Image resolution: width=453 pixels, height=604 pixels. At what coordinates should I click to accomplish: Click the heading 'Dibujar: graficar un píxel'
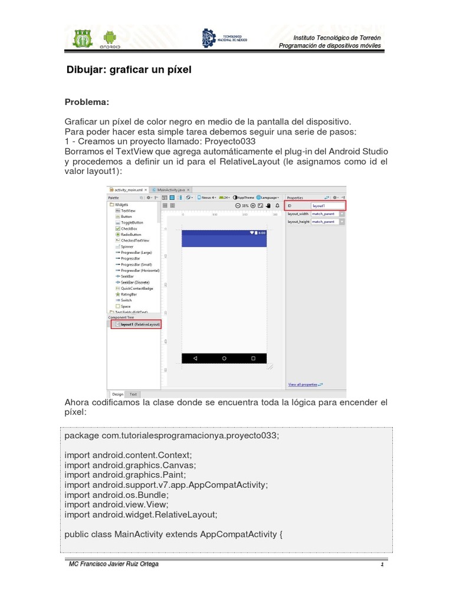(129, 70)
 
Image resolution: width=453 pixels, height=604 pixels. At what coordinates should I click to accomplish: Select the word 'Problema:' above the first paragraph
(87, 102)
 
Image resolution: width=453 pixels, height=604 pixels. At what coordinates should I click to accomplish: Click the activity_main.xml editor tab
(128, 189)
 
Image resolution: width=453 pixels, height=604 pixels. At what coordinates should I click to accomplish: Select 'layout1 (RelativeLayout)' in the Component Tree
(139, 324)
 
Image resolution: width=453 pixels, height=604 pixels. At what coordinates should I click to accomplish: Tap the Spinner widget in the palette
(127, 247)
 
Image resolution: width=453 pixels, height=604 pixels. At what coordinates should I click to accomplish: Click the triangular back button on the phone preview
(195, 358)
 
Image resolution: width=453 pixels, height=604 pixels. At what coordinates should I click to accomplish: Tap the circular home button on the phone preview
(224, 358)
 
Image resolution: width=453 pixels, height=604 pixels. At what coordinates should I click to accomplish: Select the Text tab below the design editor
(133, 394)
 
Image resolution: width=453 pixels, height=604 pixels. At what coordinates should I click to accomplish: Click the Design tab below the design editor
(117, 394)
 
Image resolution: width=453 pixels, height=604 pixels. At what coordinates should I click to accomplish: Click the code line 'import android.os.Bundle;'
(117, 495)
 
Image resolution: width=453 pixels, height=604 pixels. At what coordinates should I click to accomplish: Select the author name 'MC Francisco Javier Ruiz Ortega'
(114, 564)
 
